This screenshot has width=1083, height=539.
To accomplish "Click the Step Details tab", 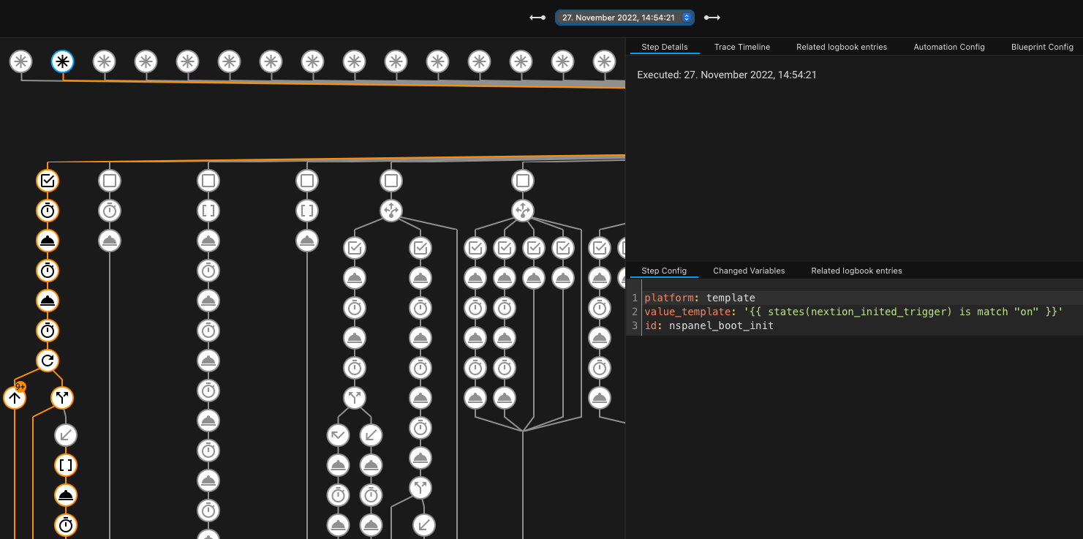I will pyautogui.click(x=664, y=47).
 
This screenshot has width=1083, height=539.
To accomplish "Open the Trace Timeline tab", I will pyautogui.click(x=742, y=47).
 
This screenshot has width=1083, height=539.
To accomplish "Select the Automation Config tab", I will pyautogui.click(x=948, y=47).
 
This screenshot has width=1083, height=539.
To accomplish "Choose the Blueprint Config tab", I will pyautogui.click(x=1041, y=47).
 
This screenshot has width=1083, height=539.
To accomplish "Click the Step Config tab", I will pyautogui.click(x=663, y=271).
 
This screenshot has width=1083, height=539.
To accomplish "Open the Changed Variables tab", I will pyautogui.click(x=748, y=271).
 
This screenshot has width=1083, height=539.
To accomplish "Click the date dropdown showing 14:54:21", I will pyautogui.click(x=624, y=18).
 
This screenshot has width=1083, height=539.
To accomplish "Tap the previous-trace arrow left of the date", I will pyautogui.click(x=537, y=18).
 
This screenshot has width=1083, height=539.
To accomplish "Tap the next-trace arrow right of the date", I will pyautogui.click(x=712, y=18).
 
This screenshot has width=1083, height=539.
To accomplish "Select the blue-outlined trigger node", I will pyautogui.click(x=63, y=61).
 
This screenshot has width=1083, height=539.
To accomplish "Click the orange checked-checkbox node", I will pyautogui.click(x=48, y=180).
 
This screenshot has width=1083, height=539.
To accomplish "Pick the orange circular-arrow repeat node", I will pyautogui.click(x=48, y=360).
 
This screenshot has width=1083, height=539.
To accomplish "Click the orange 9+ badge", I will pyautogui.click(x=20, y=386).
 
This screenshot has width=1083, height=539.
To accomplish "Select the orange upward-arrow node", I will pyautogui.click(x=15, y=398).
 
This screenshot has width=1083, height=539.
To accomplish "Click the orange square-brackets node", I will pyautogui.click(x=66, y=465).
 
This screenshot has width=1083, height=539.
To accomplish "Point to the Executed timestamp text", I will pyautogui.click(x=726, y=75).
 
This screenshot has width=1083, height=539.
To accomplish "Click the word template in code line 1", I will pyautogui.click(x=731, y=298).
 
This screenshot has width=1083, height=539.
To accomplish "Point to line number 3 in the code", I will pyautogui.click(x=635, y=325).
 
